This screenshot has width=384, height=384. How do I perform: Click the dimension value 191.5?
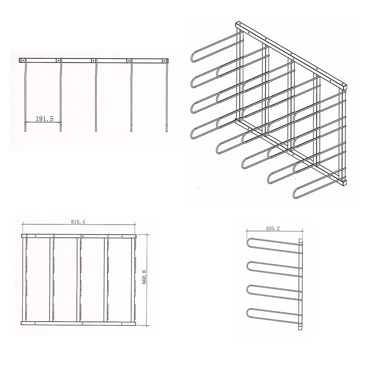pos(44,118)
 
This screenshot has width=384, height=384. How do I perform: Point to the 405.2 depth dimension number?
pos(273,228)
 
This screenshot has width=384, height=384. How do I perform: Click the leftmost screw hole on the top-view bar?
pos(23,60)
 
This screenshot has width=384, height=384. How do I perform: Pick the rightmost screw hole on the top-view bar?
pos(166,60)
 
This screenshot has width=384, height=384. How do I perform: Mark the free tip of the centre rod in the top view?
pos(96,130)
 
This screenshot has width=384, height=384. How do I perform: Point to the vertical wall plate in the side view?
pos(300,284)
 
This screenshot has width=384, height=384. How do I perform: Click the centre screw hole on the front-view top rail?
pos(82,236)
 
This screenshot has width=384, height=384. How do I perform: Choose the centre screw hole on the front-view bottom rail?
pos(82,324)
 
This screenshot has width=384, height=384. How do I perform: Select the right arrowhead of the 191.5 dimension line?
pos(60,122)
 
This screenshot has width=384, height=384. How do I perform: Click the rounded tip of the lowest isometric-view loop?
pos(294,195)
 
